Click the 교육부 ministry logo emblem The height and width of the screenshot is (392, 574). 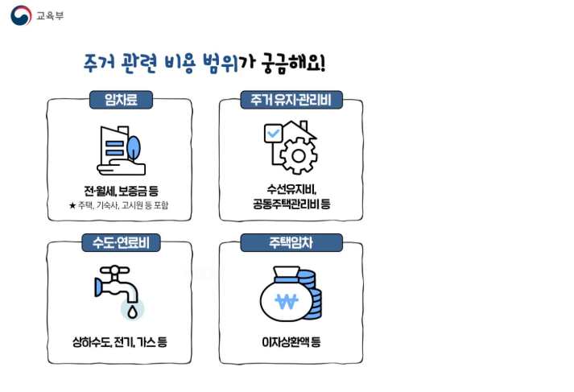pos(20,15)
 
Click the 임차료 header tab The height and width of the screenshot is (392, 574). pos(121,100)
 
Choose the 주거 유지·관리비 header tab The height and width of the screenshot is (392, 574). pos(291,100)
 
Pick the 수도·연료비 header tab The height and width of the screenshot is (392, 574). pos(121,242)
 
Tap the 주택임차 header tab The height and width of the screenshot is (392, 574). pos(291,242)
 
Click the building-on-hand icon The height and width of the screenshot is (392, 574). pos(120,151)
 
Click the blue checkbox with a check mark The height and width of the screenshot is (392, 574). pos(272,133)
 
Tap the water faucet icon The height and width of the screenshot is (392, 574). pos(114,283)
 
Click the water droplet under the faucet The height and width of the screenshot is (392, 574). pos(133,307)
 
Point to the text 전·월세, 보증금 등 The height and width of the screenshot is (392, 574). pos(120,191)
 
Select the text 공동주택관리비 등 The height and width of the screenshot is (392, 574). pos(291,205)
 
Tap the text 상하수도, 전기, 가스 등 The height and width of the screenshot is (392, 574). pos(120,342)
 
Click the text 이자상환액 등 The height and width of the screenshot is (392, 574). pos(291,342)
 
